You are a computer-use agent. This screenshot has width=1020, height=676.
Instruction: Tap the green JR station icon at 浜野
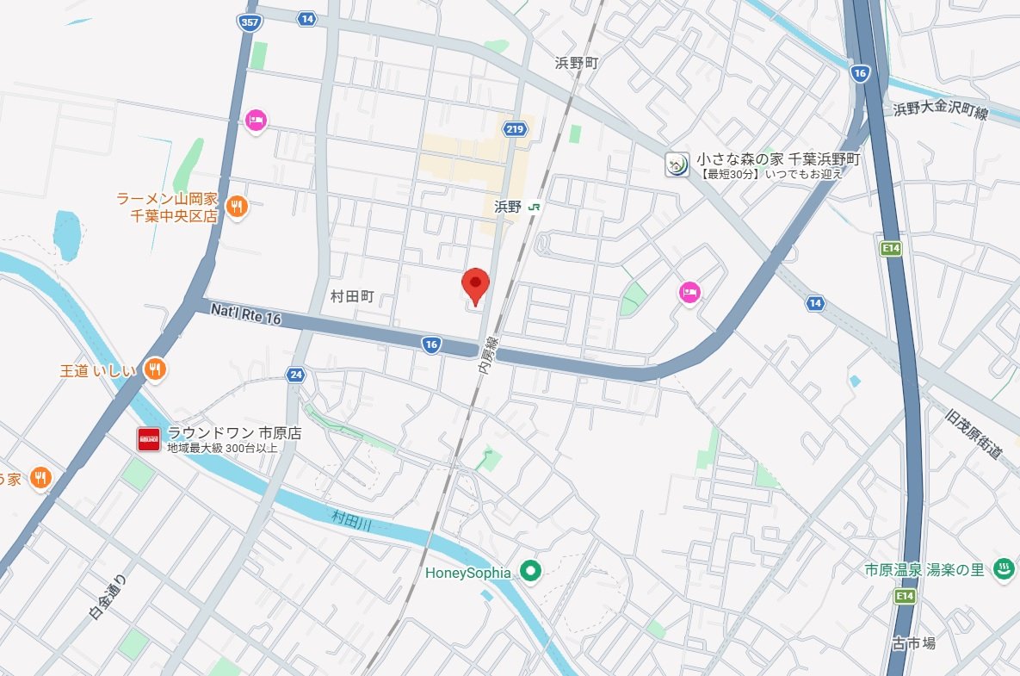coord(535,207)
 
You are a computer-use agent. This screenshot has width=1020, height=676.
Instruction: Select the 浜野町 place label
coord(576,63)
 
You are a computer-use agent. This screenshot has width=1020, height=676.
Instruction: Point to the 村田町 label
coord(352,295)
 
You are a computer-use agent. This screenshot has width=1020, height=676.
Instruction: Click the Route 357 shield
coord(250,23)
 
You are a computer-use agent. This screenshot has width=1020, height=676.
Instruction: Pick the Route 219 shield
coord(515,129)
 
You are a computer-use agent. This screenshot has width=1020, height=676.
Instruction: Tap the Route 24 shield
coord(296,375)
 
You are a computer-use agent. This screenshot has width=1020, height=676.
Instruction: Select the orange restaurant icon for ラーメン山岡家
coord(238,206)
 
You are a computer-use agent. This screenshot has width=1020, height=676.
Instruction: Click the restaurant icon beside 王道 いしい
coord(155,369)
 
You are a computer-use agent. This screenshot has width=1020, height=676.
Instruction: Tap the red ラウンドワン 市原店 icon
coord(149,439)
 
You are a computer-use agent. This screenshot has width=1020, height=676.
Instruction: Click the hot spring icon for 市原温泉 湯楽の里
coord(1003,568)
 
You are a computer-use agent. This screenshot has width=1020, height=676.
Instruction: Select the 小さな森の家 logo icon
coord(677,163)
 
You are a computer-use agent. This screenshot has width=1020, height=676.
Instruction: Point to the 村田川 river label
coord(351,518)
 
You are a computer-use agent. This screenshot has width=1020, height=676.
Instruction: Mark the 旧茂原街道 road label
coord(974,435)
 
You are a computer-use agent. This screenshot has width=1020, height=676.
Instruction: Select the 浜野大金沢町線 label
coord(940,110)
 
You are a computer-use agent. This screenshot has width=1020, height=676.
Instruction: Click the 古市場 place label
coord(913,643)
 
